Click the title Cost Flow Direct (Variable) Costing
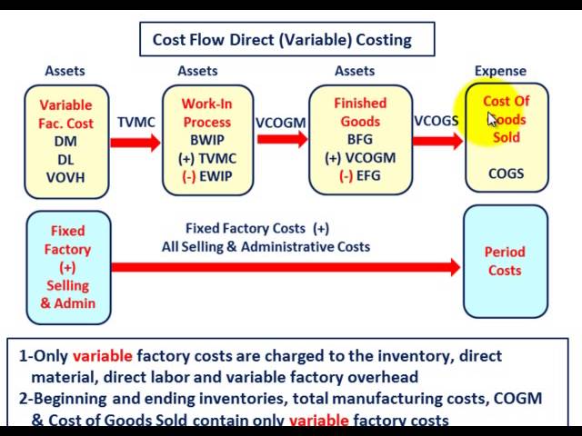[282, 39]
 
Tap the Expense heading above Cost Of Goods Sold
[500, 71]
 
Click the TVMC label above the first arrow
[136, 122]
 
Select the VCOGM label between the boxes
[281, 122]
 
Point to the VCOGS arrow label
[436, 122]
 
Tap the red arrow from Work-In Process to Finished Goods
[282, 139]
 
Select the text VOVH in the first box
[65, 177]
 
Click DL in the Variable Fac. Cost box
[65, 159]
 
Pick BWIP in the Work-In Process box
[207, 140]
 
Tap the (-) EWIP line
[207, 176]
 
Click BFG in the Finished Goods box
[360, 140]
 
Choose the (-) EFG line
[360, 176]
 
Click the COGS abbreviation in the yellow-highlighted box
[507, 173]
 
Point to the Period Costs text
[505, 261]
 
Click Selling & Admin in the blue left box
[68, 294]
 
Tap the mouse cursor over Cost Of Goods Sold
[492, 119]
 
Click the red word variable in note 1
[102, 357]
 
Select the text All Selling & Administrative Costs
[266, 246]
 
